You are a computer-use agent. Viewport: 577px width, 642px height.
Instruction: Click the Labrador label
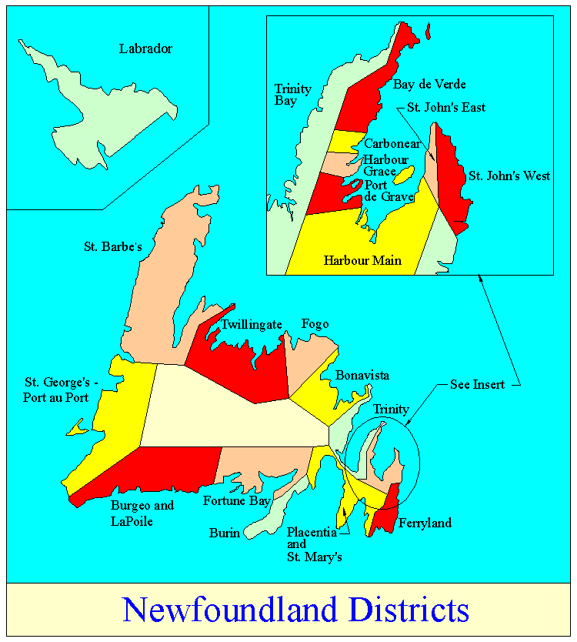point(145,49)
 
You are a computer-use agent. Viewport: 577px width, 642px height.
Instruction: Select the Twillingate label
point(252,325)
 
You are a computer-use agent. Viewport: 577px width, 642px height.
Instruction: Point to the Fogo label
point(315,324)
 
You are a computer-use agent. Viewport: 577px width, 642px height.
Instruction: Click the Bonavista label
point(362,376)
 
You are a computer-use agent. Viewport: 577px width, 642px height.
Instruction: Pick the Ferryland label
point(425,523)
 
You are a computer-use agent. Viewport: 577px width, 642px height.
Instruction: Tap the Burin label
point(223,532)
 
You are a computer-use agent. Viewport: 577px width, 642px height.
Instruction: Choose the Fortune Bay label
point(236,501)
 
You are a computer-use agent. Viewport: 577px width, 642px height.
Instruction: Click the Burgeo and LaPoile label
point(142,513)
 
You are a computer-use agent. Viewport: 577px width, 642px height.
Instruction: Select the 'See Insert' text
point(477,384)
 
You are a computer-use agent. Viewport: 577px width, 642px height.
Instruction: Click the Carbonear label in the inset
point(393,143)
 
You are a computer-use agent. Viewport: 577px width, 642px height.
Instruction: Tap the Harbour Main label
point(362,260)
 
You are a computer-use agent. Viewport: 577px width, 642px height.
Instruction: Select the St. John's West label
point(509,176)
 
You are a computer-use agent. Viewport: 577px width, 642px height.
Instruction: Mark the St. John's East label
point(446,107)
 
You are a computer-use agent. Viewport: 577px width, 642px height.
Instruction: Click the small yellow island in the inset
point(404,176)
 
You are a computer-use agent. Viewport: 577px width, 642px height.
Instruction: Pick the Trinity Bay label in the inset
point(293,95)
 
